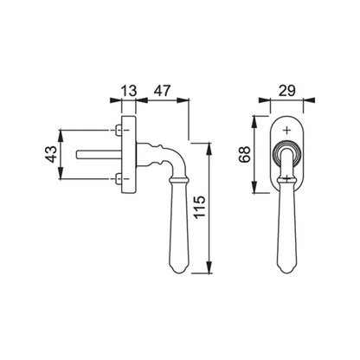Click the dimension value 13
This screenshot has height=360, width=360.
click(128, 91)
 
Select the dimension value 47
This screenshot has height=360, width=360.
click(162, 91)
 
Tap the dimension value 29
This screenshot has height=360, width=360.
click(287, 91)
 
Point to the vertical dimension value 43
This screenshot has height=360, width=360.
click(51, 154)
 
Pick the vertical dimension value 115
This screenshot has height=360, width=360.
click(200, 207)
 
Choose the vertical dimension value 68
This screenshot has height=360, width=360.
click(245, 155)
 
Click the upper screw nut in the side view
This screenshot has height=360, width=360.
click(119, 131)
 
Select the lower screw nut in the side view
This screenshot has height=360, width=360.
click(119, 179)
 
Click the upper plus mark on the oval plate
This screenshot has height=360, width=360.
click(286, 131)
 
